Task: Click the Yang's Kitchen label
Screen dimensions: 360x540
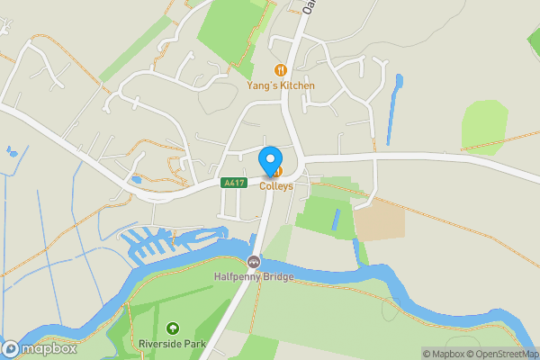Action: (281, 85)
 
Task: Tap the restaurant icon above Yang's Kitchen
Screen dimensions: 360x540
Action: (281, 69)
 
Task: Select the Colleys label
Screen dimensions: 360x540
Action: (277, 186)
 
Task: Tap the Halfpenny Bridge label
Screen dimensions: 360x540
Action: (254, 276)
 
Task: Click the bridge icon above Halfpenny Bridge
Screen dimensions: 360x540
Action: (254, 262)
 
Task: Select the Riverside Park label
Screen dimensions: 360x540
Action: (172, 344)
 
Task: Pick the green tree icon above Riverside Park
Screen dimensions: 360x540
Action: (172, 328)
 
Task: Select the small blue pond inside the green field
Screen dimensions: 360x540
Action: (336, 219)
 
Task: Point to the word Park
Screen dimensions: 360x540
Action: (194, 344)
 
